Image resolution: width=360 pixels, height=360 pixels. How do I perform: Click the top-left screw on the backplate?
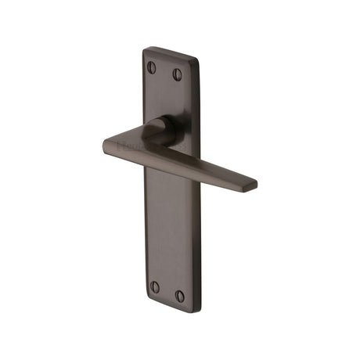coord(152,68)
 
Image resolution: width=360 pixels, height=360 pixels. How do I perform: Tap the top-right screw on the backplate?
coord(178,74)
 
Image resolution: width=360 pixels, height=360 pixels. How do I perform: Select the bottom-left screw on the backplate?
coord(154,287)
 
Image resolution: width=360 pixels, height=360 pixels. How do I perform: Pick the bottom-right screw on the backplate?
coord(180,296)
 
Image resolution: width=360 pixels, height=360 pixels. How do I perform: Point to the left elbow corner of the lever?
coord(107,144)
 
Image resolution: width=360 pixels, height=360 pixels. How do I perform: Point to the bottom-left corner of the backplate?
coord(146,300)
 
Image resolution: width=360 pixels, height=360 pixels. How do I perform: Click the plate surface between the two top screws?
coord(164,71)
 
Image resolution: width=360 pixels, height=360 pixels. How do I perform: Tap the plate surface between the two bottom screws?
coord(167,291)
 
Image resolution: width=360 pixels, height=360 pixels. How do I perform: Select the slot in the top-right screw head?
coord(178,74)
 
